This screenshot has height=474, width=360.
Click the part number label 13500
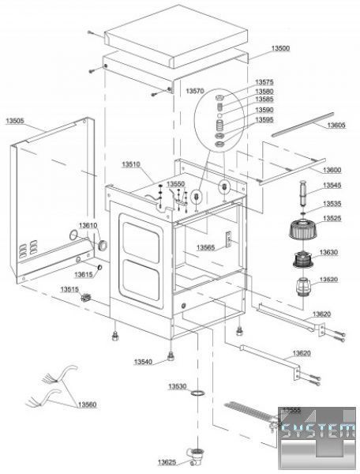pos(280,48)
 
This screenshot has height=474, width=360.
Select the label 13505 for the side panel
pos(15,121)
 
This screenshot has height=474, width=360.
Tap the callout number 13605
pos(336,125)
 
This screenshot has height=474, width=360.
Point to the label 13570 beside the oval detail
pos(195,91)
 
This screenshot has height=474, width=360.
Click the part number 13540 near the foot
pos(143,362)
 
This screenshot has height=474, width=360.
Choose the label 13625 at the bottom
pos(167,462)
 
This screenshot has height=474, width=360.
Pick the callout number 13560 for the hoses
pos(88,404)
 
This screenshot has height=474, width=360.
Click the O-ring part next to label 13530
pos(198,393)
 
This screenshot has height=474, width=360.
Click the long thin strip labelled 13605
pos(302,125)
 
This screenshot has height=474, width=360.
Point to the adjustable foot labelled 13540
pos(171,357)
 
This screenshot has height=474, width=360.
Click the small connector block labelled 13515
pos(86,298)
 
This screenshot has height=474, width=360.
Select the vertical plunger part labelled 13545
pos(303,193)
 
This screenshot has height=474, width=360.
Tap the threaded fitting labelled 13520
pos(303,287)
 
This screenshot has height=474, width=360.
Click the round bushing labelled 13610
pos(103,245)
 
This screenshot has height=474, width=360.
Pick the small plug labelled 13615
pos(99,267)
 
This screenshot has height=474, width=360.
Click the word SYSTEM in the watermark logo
pos(318,431)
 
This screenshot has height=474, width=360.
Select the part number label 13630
pos(328,252)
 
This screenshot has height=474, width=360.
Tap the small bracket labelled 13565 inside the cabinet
pos(229,239)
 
